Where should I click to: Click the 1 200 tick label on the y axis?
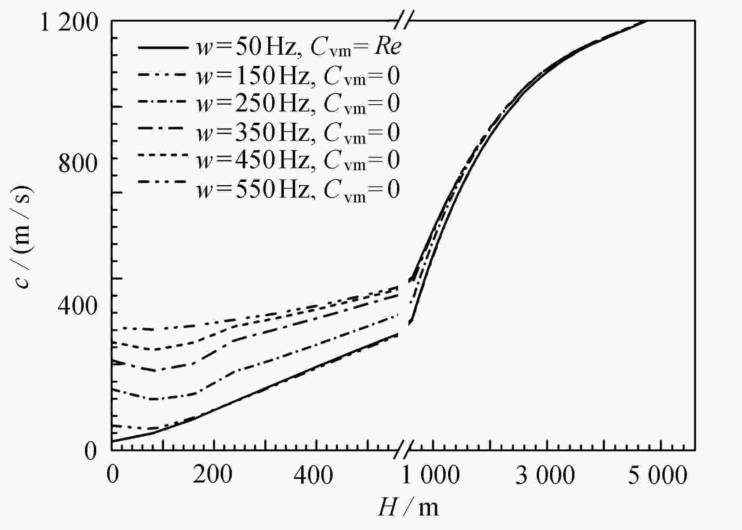point(70,23)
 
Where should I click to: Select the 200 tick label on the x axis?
point(213,475)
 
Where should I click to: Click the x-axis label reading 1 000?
point(431,475)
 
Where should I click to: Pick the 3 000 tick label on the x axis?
point(546,475)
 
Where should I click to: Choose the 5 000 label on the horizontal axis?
point(658,475)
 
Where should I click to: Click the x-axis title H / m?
point(408,507)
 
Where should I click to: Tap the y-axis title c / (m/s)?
point(23,237)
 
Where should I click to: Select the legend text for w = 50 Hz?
point(298,47)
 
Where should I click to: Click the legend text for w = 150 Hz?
point(298,76)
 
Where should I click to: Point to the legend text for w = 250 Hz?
point(298,103)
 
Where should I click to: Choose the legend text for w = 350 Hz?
point(298,132)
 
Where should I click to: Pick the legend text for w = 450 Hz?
point(298,160)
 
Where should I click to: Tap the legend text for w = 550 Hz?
point(298,189)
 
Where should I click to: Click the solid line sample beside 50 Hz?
point(163,48)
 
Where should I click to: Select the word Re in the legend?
point(388,47)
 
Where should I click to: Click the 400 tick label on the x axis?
point(313,475)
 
